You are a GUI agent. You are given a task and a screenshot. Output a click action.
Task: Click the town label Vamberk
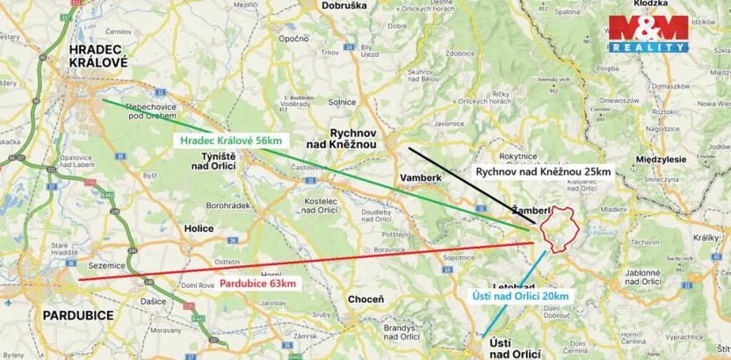pos(418,176)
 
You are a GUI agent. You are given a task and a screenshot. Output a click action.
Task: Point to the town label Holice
pos(199,228)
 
